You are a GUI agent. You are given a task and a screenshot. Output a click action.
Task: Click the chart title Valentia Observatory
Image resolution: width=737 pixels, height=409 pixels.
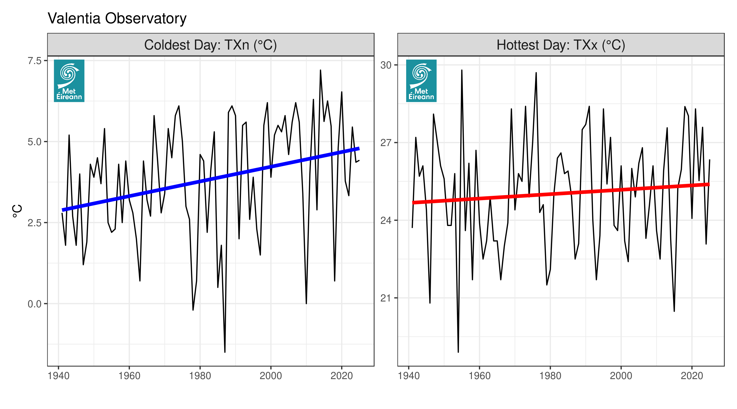click(x=117, y=18)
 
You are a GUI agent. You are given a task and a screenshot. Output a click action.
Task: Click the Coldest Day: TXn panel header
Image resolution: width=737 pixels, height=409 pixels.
click(x=210, y=45)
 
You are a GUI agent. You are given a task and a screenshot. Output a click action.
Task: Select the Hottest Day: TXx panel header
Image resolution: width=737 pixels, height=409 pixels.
click(x=561, y=45)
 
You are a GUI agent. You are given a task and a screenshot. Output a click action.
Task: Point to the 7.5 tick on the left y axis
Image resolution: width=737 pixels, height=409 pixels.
click(x=34, y=61)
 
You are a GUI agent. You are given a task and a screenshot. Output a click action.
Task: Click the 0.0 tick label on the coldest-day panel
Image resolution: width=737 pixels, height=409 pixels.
click(x=34, y=304)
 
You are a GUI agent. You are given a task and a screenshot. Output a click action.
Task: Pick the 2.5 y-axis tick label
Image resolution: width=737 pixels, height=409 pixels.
click(x=34, y=223)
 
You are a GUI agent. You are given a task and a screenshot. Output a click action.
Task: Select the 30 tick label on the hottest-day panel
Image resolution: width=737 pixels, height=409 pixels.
click(x=385, y=65)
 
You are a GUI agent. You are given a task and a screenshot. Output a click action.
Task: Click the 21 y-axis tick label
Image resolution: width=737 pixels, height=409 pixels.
click(x=385, y=298)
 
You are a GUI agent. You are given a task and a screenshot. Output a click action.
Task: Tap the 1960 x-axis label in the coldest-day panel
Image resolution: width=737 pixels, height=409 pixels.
click(x=129, y=376)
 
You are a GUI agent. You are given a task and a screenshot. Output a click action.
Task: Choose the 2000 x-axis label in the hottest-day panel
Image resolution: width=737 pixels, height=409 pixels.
click(x=621, y=376)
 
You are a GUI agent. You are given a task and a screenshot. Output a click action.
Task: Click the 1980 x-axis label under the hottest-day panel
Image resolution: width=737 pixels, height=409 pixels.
click(x=550, y=376)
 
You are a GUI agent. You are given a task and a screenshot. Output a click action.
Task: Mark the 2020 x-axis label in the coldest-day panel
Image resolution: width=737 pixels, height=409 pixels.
click(x=342, y=376)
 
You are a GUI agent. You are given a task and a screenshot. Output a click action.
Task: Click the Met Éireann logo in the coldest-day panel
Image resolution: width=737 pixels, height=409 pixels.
click(x=69, y=81)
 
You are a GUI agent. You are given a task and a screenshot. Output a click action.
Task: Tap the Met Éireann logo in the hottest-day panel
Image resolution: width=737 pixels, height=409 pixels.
click(x=421, y=81)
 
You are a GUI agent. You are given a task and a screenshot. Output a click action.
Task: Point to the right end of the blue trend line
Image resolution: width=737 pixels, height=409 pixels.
click(x=359, y=149)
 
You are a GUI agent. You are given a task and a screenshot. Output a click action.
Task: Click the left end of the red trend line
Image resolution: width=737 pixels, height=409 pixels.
click(x=413, y=203)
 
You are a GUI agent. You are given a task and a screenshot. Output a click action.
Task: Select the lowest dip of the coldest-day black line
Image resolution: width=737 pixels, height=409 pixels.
click(x=225, y=352)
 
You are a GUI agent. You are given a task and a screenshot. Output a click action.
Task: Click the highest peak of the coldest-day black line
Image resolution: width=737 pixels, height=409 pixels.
click(x=321, y=70)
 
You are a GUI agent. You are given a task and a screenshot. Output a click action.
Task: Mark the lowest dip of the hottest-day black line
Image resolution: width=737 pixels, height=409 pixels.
click(x=458, y=352)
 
